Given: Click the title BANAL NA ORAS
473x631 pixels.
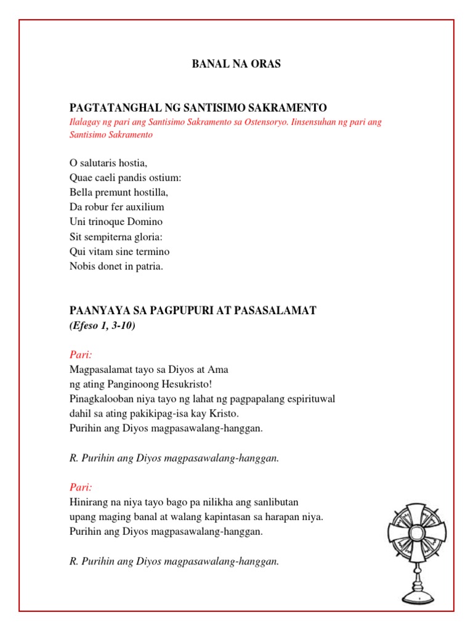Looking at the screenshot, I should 236,64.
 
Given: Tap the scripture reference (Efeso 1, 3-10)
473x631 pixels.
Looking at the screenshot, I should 102,326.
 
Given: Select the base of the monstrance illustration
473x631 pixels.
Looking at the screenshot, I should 417,596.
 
